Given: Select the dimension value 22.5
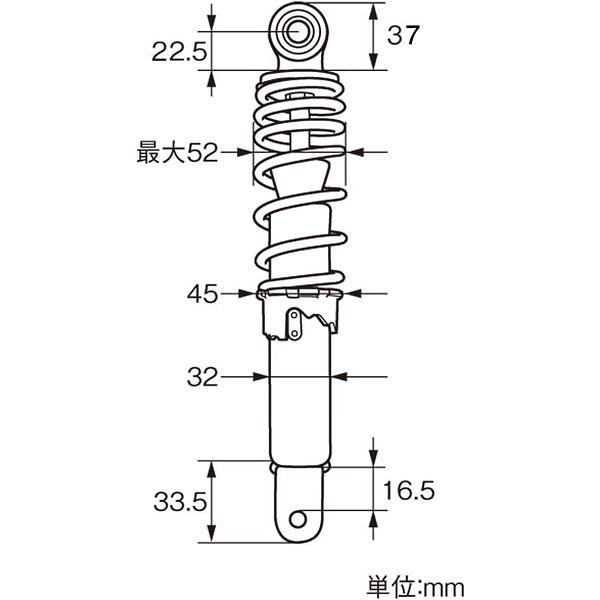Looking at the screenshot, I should pyautogui.click(x=179, y=51).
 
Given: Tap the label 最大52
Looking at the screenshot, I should pyautogui.click(x=177, y=153).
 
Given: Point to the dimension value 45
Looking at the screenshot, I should pyautogui.click(x=202, y=294).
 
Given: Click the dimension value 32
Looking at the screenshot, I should pyautogui.click(x=202, y=377).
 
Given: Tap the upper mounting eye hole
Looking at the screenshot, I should pyautogui.click(x=299, y=31).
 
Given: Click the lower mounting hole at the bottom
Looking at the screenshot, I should pyautogui.click(x=299, y=518).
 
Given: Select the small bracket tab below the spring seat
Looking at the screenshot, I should pyautogui.click(x=295, y=323).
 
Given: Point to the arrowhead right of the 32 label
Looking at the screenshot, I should pyautogui.click(x=264, y=377).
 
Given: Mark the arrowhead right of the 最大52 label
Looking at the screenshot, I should pyautogui.click(x=247, y=153).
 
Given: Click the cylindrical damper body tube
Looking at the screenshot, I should pyautogui.click(x=299, y=400).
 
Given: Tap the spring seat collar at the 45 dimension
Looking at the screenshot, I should pyautogui.click(x=299, y=294).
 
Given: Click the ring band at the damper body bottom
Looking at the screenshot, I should pyautogui.click(x=299, y=467).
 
